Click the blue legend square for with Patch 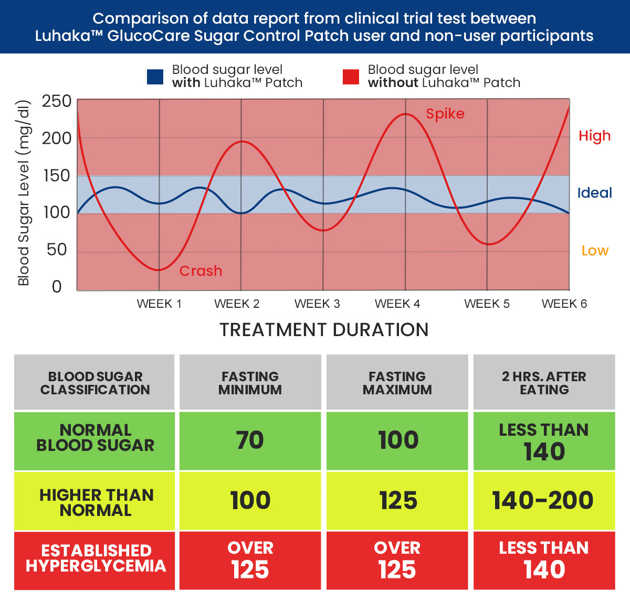click(x=155, y=77)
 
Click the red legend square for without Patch click(x=351, y=77)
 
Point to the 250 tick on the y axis click(x=57, y=101)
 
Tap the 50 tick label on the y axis click(x=57, y=250)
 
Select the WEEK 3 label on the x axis click(x=317, y=304)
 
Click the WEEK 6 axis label click(x=564, y=304)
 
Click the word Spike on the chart click(x=445, y=114)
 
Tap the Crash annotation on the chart click(x=201, y=271)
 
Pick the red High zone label click(x=594, y=136)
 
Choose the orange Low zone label click(x=595, y=251)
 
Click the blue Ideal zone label click(x=594, y=193)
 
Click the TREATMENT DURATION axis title click(x=324, y=330)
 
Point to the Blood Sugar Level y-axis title click(x=24, y=192)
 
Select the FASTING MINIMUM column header click(x=250, y=383)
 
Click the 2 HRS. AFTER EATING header click(x=544, y=383)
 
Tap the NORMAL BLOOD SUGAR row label click(x=95, y=438)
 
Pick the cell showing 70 click(x=250, y=440)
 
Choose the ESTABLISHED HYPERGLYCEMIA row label click(x=96, y=558)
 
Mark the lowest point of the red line click(x=159, y=270)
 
